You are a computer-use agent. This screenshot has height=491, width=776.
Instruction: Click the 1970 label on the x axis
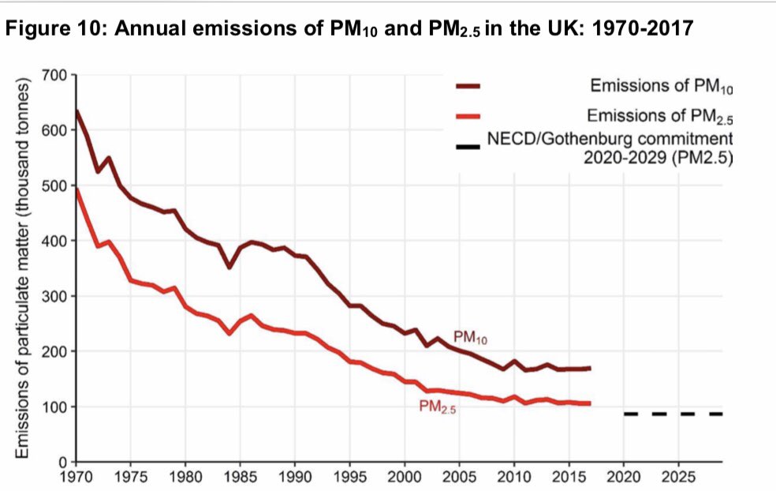76,478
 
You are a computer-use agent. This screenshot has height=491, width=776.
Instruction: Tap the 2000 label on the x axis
405,478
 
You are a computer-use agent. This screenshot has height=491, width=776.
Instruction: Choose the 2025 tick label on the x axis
678,478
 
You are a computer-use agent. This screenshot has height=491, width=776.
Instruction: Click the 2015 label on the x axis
569,478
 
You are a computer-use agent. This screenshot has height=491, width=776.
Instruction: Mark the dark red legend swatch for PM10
468,88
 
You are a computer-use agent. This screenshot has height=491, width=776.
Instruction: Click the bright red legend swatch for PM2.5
468,118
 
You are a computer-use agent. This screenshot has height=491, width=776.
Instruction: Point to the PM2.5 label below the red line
438,408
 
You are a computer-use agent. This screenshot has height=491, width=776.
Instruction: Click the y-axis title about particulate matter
24,268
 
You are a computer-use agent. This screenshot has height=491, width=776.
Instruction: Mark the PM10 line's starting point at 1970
76,111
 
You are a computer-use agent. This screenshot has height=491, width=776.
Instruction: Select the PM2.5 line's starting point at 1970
76,189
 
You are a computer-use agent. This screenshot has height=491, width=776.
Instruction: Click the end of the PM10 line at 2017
589,368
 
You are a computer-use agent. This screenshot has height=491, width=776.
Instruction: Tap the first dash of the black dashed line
630,414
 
